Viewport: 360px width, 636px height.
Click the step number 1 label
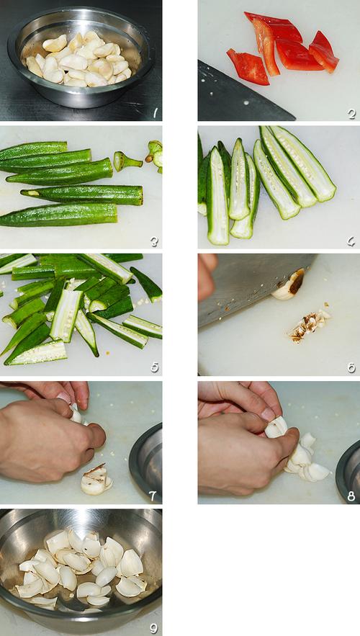(x=156, y=113)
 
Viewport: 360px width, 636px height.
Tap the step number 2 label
(x=351, y=114)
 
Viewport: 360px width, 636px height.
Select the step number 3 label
(x=154, y=242)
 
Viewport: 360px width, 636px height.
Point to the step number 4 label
(x=351, y=242)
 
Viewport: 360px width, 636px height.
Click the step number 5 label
(x=155, y=367)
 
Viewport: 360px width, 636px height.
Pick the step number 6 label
(x=351, y=367)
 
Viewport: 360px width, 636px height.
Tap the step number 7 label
(x=153, y=496)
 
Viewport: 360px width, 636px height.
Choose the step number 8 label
(x=351, y=496)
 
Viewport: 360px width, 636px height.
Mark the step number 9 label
(x=153, y=628)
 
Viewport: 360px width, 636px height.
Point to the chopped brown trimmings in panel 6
(x=309, y=325)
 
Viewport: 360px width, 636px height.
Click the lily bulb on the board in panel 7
(x=96, y=480)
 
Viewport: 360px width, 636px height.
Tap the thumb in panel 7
(x=96, y=436)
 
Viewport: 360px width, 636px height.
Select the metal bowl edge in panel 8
(x=348, y=470)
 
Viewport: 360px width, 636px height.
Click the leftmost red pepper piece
(x=248, y=66)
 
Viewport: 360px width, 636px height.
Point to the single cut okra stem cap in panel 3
(x=127, y=161)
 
